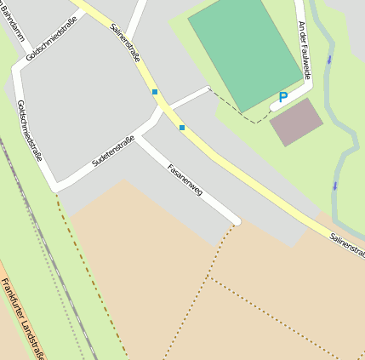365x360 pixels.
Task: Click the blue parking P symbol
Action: (x=282, y=98)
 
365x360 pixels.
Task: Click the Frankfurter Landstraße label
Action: (x=21, y=319)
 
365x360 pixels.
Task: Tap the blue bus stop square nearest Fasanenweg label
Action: (x=182, y=128)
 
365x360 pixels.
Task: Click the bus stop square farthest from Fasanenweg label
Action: (x=154, y=91)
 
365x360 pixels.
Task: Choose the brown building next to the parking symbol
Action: (x=296, y=122)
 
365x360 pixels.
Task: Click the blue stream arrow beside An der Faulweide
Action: (x=330, y=60)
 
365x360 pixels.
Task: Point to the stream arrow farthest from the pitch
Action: (x=335, y=185)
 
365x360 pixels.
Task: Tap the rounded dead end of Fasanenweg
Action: (x=236, y=222)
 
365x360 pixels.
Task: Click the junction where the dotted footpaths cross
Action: (x=208, y=277)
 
